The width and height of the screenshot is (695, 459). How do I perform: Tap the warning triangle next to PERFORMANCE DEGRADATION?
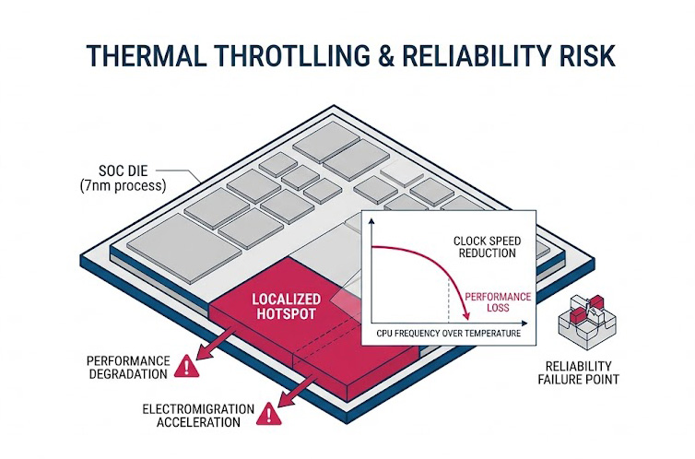coord(188,367)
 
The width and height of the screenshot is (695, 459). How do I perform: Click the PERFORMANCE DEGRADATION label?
coord(128,367)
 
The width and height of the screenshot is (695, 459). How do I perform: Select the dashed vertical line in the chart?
coord(450,300)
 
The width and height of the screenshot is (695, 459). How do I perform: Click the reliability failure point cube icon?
coord(583,321)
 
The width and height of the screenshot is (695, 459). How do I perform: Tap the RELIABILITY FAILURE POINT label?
coord(583,371)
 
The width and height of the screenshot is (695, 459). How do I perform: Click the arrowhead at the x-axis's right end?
coord(526,323)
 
